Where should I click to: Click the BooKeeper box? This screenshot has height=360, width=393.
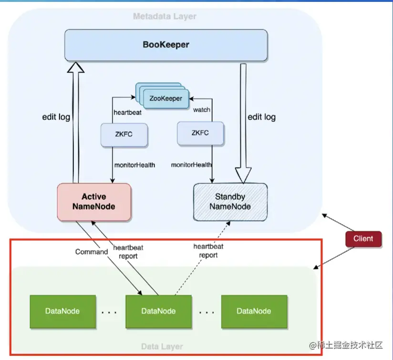tap(165, 45)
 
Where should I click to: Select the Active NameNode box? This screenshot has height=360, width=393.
tap(94, 201)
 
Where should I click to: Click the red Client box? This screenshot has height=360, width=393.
tap(363, 238)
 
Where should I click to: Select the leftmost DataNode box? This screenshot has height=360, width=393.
tap(62, 311)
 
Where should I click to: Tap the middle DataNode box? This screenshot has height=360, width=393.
tap(158, 311)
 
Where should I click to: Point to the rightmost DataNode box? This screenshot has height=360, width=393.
tap(254, 311)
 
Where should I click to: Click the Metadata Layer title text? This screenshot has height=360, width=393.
tap(165, 17)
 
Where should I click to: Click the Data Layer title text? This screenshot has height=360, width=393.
tap(162, 346)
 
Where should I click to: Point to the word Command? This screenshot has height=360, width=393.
tap(92, 252)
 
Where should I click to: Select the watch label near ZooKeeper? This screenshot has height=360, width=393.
tap(202, 110)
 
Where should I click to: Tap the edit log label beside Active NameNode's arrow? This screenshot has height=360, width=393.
tap(55, 117)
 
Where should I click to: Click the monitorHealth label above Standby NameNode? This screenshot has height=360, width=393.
tap(192, 165)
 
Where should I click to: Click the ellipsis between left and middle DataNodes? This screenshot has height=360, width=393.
tap(110, 312)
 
